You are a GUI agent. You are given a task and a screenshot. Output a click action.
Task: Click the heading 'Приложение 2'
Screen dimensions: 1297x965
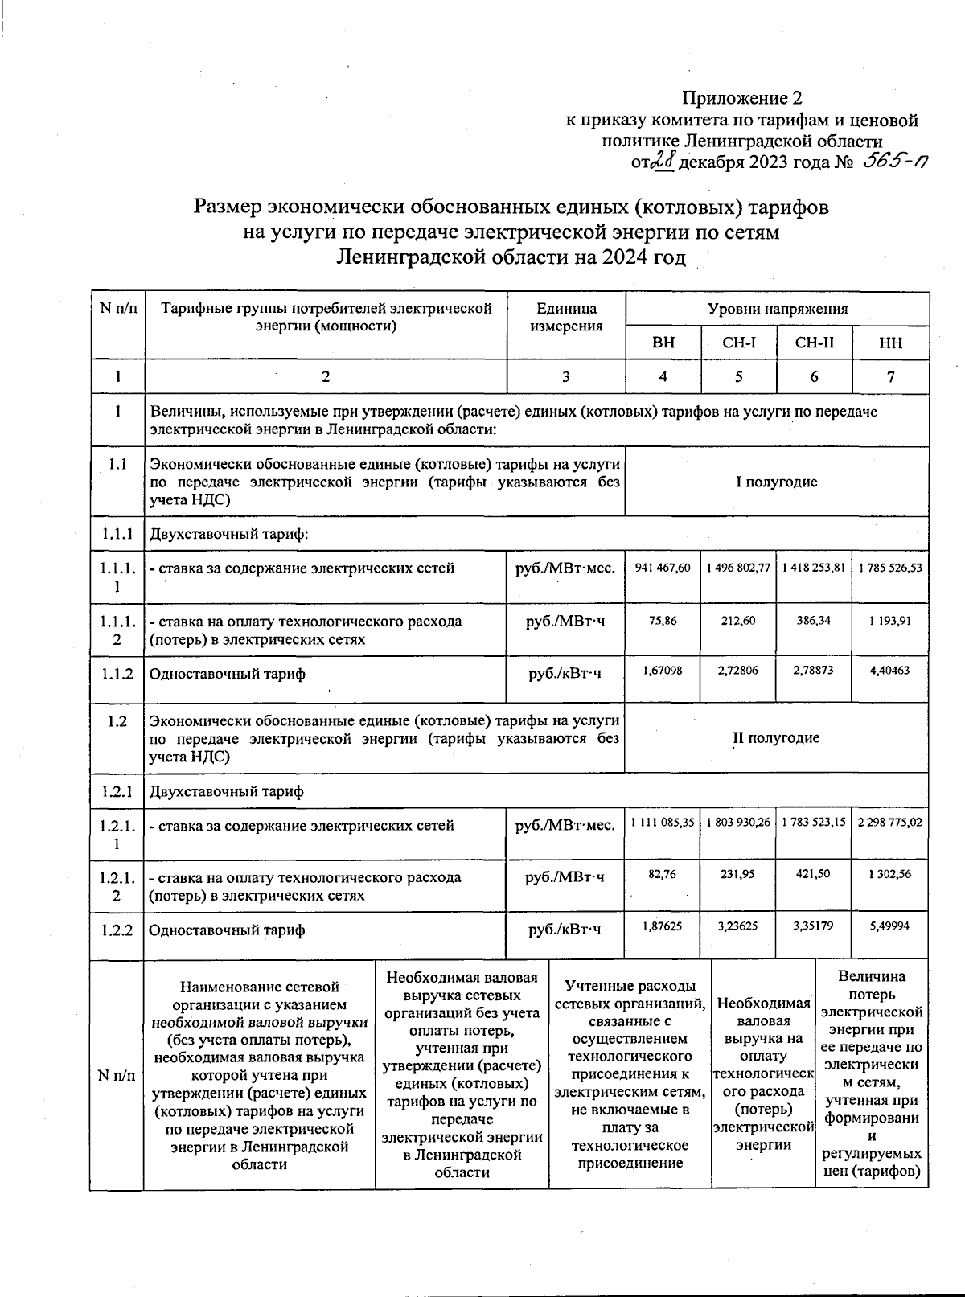pos(742,98)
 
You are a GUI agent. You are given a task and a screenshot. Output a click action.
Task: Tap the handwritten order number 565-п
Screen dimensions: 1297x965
pos(893,162)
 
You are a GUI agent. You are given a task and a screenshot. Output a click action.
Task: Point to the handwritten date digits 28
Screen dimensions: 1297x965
pos(663,162)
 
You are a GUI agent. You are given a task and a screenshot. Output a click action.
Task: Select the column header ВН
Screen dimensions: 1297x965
pos(663,343)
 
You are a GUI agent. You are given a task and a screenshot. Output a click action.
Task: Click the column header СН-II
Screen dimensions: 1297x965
pos(814,343)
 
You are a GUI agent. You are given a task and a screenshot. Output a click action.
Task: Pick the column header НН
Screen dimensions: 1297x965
pos(890,343)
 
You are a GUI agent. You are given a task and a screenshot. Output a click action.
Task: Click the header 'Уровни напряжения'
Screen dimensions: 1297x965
pos(777,309)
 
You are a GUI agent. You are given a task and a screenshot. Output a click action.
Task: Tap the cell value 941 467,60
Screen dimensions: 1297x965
pos(663,568)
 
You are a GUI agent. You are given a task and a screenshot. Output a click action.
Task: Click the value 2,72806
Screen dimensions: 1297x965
pos(738,670)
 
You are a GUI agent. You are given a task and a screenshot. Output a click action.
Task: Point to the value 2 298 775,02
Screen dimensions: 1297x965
pos(889,823)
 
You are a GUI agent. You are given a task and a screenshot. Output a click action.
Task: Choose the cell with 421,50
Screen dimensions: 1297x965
pos(813,874)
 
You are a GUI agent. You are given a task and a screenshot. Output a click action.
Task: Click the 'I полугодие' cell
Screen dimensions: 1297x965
pos(776,482)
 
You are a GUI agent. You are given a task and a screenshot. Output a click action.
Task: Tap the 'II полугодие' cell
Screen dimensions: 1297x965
pos(776,738)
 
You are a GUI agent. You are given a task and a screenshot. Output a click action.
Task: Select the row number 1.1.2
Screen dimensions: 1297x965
pos(117,674)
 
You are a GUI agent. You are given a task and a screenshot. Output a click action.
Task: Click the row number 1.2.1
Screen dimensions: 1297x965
pos(117,791)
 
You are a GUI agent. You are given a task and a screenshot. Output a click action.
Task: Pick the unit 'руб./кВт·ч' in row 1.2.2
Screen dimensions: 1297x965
pos(565,930)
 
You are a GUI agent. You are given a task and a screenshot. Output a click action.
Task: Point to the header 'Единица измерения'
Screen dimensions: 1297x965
pos(566,317)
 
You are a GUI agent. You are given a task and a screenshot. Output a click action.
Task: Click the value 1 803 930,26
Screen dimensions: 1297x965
pos(738,823)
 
